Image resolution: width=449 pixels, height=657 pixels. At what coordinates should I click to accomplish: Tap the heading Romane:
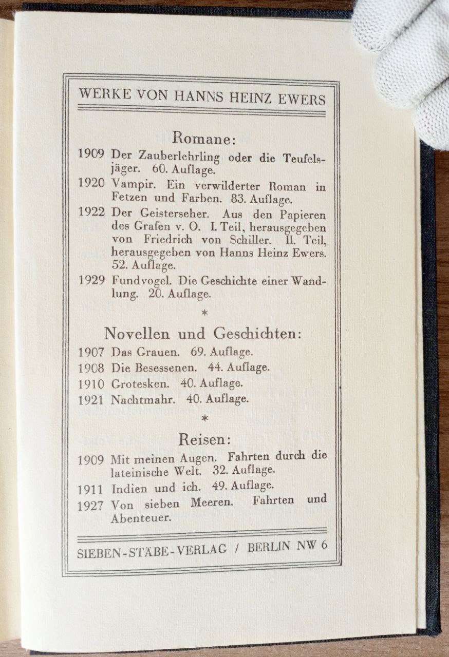(x=203, y=138)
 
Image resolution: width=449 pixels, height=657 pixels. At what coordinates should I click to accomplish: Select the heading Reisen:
(x=204, y=439)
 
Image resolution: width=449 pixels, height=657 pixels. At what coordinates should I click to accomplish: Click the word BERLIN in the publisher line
(x=269, y=547)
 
